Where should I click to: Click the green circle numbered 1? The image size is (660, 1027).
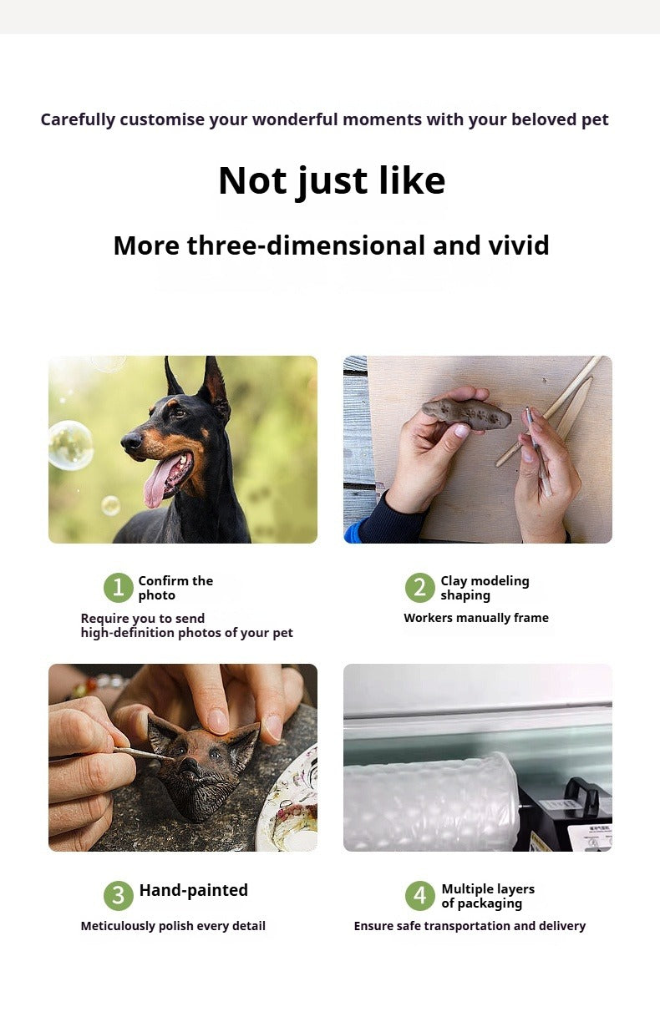(119, 587)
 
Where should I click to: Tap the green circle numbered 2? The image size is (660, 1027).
(419, 587)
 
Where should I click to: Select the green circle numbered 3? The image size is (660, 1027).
(119, 895)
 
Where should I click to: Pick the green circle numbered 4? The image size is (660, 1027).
(419, 895)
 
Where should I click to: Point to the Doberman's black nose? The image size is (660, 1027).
(130, 442)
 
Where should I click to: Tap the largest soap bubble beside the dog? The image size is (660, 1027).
(71, 445)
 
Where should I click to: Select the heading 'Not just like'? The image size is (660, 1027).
(332, 180)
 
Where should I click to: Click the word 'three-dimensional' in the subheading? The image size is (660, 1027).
(306, 245)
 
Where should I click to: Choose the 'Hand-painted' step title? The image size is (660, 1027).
(193, 890)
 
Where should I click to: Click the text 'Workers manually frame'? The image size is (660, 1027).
(476, 618)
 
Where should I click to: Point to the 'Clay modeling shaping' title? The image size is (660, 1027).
(485, 588)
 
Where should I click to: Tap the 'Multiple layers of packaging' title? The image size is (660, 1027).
(488, 896)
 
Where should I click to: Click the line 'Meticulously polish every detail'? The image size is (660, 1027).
(173, 926)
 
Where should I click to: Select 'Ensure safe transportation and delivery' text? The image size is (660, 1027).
(470, 926)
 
